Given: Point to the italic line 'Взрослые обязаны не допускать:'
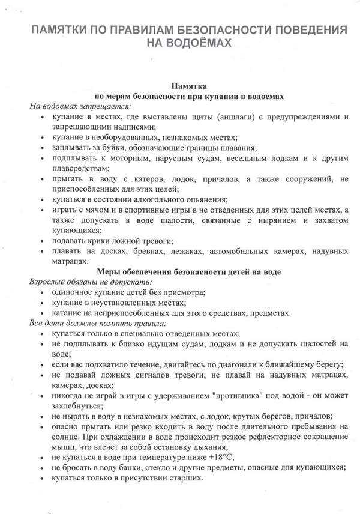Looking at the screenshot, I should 91,282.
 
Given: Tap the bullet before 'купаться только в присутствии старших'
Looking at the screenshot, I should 41,479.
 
